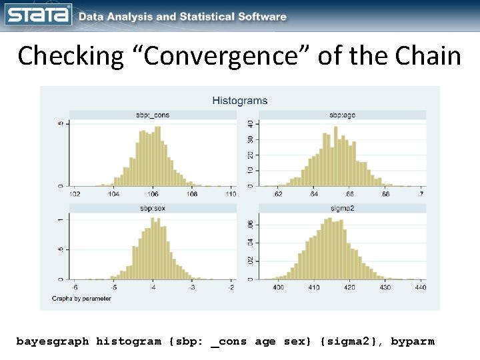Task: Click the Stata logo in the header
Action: click(39, 15)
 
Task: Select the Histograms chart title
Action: click(239, 101)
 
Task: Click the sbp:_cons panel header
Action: click(154, 115)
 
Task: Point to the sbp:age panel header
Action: click(342, 115)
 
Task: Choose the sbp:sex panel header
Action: click(153, 209)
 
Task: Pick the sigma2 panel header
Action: click(342, 209)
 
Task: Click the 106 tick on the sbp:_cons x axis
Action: click(153, 194)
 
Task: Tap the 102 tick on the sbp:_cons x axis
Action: click(75, 194)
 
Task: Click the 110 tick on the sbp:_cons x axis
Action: click(231, 194)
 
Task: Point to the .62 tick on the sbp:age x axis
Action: click(278, 194)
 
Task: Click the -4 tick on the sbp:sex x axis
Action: click(153, 287)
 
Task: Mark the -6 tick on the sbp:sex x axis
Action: click(75, 287)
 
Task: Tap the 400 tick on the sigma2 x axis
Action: click(278, 287)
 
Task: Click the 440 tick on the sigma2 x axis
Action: click(420, 287)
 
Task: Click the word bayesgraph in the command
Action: click(52, 341)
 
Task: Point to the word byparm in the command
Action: click(412, 341)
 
